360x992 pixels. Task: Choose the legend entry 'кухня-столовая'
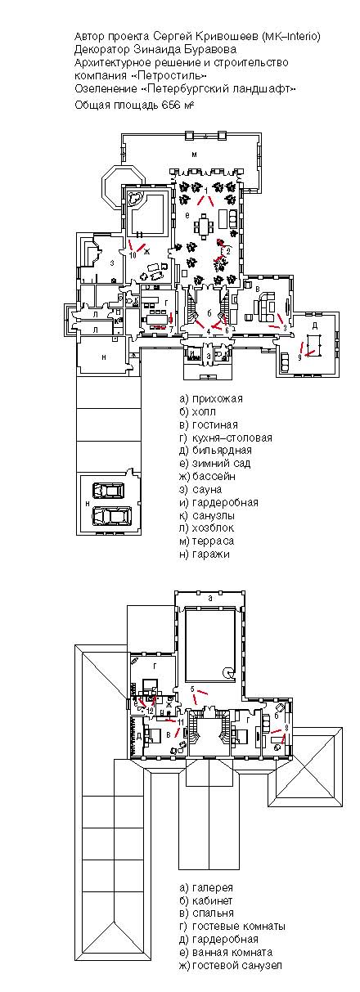pos(226,438)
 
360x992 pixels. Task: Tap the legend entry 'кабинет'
pos(213,900)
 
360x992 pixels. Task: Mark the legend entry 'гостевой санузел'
pos(238,966)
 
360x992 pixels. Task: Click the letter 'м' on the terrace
pos(195,154)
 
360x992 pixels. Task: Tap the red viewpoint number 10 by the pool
pos(132,254)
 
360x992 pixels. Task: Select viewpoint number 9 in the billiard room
pos(300,357)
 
